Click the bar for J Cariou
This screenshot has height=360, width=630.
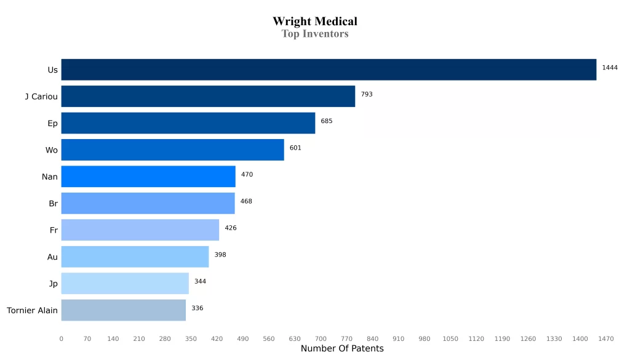208,97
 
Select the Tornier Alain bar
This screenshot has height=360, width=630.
123,310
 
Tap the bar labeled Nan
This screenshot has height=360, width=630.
148,177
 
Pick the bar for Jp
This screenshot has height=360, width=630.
125,284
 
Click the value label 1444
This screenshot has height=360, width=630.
610,68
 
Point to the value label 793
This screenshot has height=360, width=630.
367,95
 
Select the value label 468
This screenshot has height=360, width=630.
246,201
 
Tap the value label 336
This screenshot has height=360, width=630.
197,308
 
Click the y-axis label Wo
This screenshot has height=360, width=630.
52,150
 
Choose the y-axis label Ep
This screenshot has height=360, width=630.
53,123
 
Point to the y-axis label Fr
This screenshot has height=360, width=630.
54,230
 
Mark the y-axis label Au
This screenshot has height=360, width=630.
52,257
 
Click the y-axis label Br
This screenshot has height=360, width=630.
53,203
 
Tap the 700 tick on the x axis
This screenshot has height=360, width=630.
321,338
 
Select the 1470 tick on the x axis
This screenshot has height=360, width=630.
606,338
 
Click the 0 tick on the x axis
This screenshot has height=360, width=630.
61,338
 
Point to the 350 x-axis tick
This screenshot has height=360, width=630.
191,338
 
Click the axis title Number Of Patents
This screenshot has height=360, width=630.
342,349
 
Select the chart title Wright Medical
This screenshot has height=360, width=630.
315,22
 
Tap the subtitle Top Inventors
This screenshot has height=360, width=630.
315,34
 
